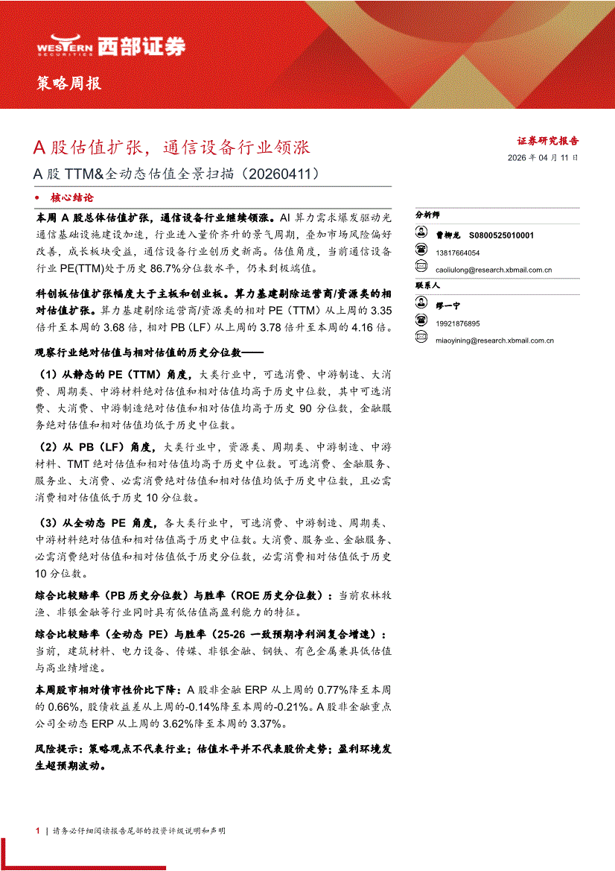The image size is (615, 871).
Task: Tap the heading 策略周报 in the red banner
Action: (68, 83)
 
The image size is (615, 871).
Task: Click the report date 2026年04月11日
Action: (542, 158)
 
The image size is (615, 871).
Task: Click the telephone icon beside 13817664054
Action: (421, 253)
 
